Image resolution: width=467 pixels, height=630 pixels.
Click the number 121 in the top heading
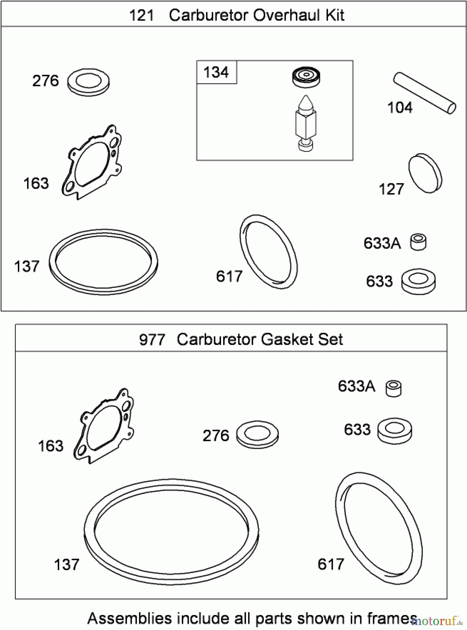[x=142, y=16]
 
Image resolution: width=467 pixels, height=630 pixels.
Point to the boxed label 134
[x=216, y=72]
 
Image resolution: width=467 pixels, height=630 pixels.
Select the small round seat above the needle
[x=306, y=77]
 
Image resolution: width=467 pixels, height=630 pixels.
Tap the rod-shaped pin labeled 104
[x=425, y=93]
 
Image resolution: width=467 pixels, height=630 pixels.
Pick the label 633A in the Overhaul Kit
[x=382, y=243]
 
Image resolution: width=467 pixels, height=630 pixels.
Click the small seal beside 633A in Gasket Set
[x=393, y=388]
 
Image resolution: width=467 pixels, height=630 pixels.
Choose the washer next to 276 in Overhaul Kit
[x=88, y=82]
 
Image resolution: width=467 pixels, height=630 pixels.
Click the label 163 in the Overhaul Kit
[x=36, y=184]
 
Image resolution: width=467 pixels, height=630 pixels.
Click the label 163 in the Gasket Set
[x=50, y=446]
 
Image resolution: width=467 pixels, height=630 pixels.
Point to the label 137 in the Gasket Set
[x=67, y=565]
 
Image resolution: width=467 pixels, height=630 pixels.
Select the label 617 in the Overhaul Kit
[x=229, y=276]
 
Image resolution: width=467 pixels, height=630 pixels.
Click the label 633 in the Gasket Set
[x=357, y=430]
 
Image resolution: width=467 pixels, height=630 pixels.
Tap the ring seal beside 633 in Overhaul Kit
[x=418, y=282]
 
